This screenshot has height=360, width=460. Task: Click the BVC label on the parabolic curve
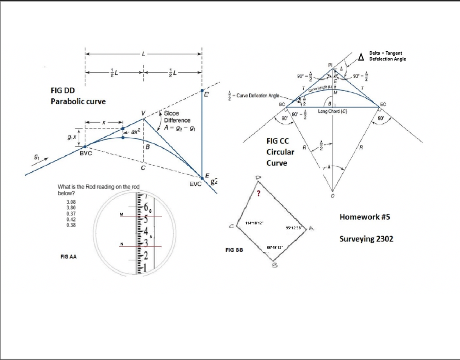86,154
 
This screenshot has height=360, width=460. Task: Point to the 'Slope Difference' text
177,117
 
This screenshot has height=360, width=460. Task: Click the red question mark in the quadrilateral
258,194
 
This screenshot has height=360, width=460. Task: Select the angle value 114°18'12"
255,223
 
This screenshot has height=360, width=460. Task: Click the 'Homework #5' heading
365,217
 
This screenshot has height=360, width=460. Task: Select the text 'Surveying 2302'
366,239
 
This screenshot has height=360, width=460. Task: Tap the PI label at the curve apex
330,65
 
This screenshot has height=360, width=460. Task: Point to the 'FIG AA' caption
67,257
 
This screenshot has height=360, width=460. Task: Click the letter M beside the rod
121,214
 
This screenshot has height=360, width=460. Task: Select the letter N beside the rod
121,244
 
